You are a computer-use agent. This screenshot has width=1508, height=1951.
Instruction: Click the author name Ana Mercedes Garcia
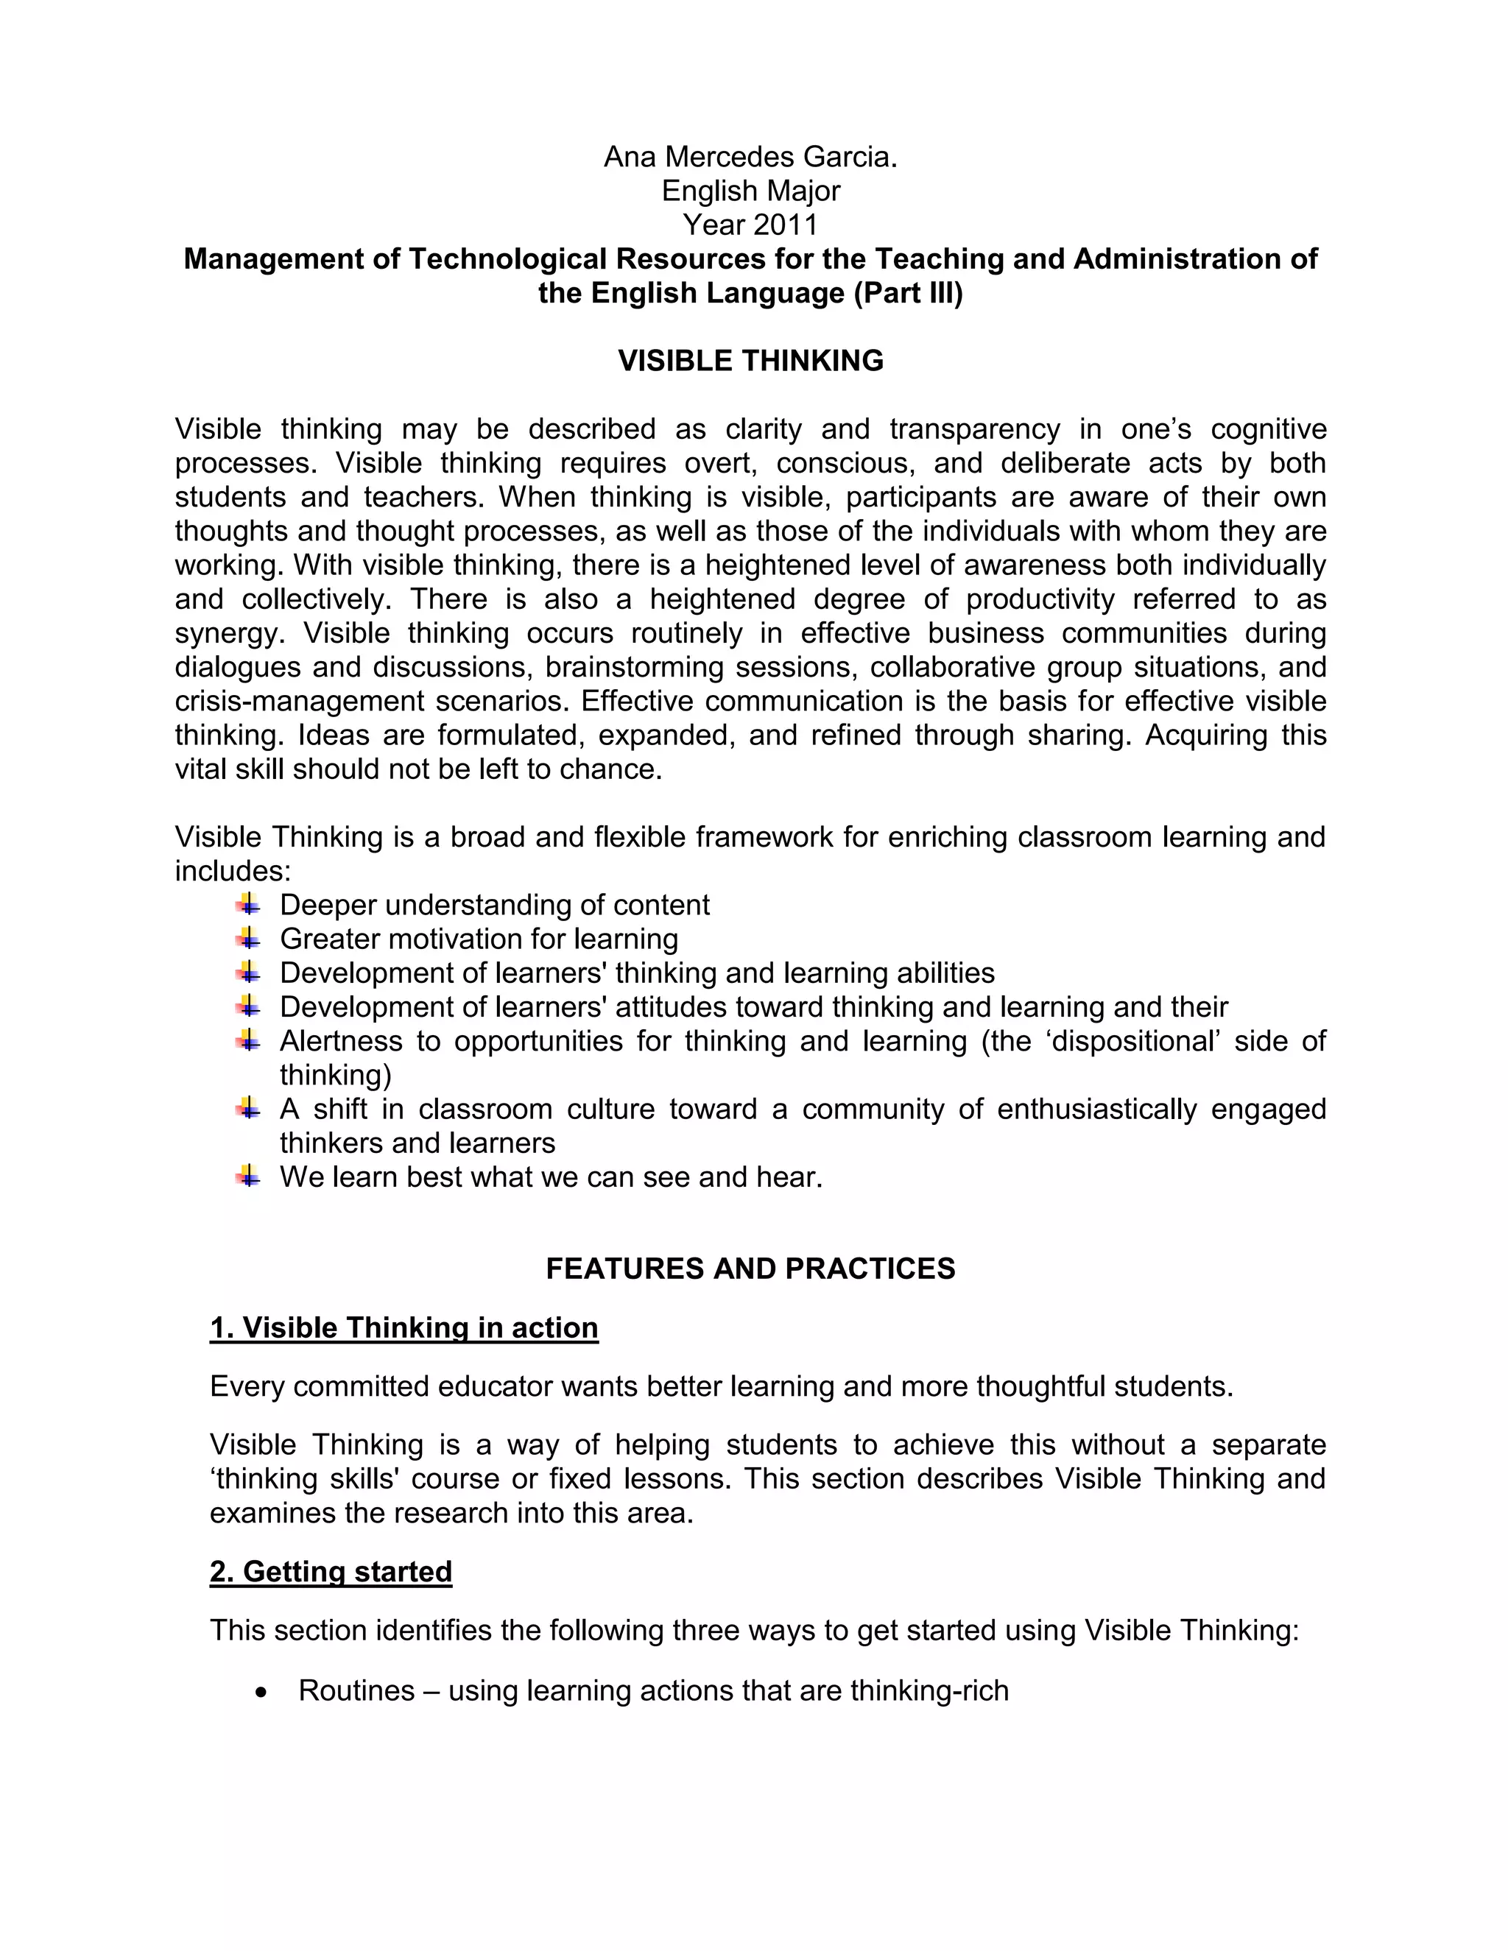click(x=750, y=158)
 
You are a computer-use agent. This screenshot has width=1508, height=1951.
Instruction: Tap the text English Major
click(x=750, y=191)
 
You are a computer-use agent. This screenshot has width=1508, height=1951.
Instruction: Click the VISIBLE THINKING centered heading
click(x=750, y=361)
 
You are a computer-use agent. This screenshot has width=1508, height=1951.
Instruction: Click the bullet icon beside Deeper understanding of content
click(x=247, y=904)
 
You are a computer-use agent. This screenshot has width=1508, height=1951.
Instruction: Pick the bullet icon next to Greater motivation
click(x=247, y=938)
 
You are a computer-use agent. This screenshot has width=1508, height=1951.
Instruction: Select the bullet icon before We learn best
click(x=247, y=1176)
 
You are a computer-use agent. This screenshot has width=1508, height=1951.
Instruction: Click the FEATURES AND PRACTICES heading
click(x=750, y=1269)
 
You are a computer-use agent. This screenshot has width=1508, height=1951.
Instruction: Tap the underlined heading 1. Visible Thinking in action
click(x=404, y=1328)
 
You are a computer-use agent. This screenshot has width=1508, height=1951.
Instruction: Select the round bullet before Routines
click(x=261, y=1693)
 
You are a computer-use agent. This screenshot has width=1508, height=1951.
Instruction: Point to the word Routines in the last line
click(x=356, y=1691)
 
